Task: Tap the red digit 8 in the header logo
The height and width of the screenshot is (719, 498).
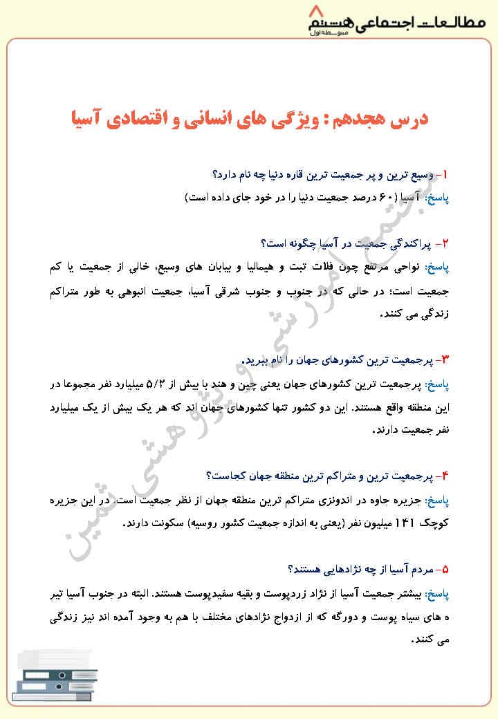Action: coord(317,12)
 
